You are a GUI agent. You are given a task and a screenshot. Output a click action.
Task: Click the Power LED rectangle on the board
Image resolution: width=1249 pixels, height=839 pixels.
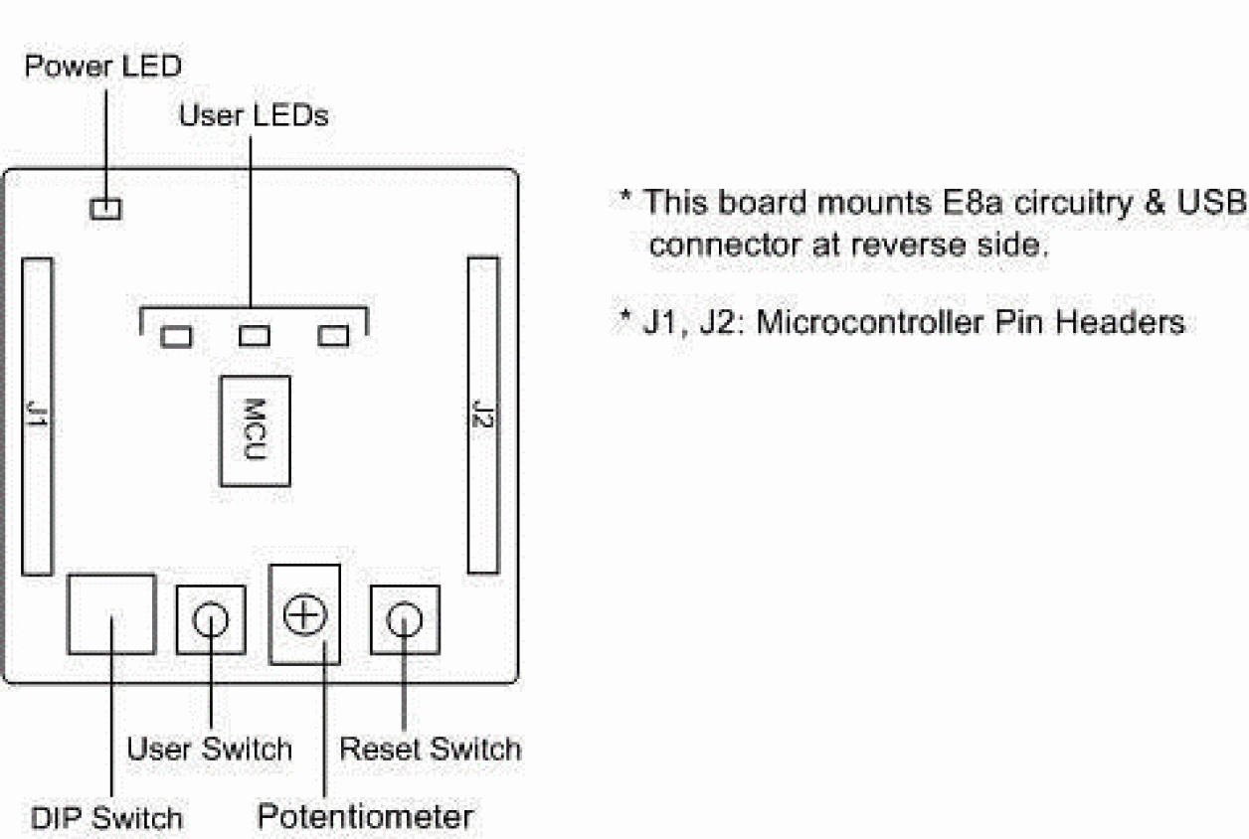104,208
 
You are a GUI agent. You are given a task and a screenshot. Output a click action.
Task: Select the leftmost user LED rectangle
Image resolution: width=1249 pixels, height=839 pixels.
176,337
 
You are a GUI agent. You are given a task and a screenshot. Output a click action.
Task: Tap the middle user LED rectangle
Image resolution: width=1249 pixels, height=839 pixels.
255,337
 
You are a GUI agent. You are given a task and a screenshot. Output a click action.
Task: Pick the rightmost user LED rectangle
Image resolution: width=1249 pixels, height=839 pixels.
333,337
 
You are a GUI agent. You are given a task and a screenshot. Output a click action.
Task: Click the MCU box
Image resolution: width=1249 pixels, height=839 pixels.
255,430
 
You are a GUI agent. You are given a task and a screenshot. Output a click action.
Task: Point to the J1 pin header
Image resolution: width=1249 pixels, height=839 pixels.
37,416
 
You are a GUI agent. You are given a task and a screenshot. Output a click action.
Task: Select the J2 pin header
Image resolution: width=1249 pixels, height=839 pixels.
483,415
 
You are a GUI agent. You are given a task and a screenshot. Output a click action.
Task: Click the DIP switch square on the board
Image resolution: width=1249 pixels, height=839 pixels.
111,613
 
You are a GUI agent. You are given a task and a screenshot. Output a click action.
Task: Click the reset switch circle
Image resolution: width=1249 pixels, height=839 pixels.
404,620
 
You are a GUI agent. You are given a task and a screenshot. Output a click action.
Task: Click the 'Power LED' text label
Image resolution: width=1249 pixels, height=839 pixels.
103,68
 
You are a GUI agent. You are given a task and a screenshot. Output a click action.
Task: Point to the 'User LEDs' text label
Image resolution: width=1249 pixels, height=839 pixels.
254,115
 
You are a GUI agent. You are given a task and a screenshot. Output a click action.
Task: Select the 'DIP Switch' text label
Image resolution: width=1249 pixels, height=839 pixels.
106,818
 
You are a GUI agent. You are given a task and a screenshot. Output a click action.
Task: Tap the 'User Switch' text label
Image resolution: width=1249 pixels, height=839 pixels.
209,749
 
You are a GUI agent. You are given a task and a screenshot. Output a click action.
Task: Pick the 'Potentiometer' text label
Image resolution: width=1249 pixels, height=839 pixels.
365,817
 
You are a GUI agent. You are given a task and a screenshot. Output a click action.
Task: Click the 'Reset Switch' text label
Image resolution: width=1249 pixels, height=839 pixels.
431,749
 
